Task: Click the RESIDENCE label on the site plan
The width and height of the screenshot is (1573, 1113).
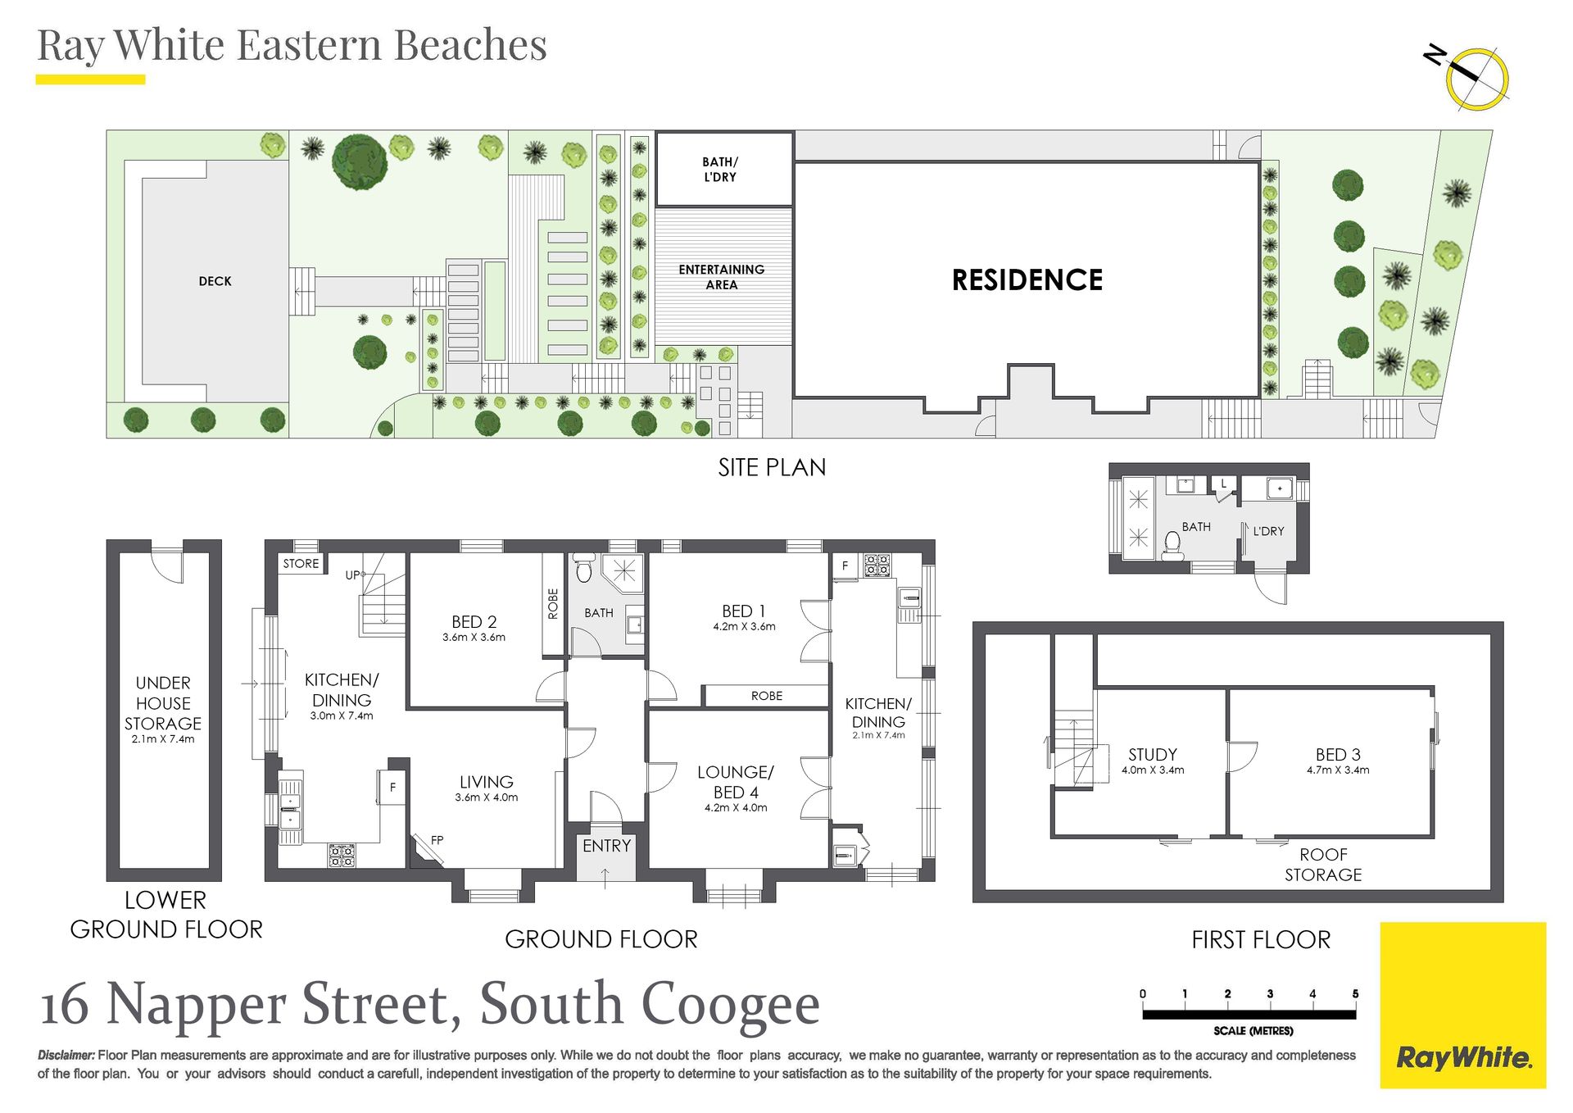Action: [x=1027, y=280]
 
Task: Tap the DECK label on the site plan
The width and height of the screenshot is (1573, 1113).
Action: [x=215, y=281]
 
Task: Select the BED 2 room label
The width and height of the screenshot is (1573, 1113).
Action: [x=474, y=622]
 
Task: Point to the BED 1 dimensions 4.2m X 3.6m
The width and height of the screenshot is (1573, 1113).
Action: [x=744, y=627]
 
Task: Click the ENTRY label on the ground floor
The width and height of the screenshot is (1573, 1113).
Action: [x=606, y=846]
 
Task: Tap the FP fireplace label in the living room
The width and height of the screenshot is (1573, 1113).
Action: [x=437, y=840]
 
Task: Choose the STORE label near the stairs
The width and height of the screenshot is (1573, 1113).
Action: [x=301, y=564]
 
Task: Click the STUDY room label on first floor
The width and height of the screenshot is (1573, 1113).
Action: [x=1153, y=755]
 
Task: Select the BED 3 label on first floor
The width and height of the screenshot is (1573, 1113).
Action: [x=1338, y=755]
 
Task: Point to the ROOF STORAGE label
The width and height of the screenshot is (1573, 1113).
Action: [x=1323, y=865]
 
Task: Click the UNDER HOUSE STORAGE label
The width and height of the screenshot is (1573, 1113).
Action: [x=163, y=703]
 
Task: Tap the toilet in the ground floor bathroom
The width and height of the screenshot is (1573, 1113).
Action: [x=583, y=567]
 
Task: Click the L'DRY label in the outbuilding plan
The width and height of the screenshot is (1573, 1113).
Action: [x=1268, y=531]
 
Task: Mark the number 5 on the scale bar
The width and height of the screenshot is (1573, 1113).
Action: [x=1355, y=994]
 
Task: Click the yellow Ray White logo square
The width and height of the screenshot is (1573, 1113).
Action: [x=1463, y=1006]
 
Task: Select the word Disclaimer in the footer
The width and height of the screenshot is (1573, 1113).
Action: [x=66, y=1056]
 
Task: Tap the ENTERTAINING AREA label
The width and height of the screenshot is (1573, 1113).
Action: [x=722, y=277]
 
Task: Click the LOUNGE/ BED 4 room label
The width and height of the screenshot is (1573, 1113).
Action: [x=736, y=782]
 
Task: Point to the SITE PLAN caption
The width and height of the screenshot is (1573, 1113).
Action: [x=772, y=467]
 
